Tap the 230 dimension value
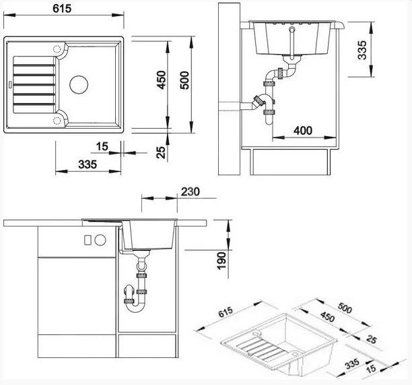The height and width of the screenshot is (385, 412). click(x=191, y=191)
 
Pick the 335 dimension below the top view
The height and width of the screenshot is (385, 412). click(x=88, y=164)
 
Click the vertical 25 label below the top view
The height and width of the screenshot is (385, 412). click(x=160, y=151)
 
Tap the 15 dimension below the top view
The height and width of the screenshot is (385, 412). click(x=103, y=146)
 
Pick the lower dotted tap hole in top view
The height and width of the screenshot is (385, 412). click(x=58, y=119)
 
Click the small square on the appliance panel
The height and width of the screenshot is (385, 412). click(x=88, y=240)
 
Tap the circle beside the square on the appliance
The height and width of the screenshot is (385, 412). click(x=100, y=240)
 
